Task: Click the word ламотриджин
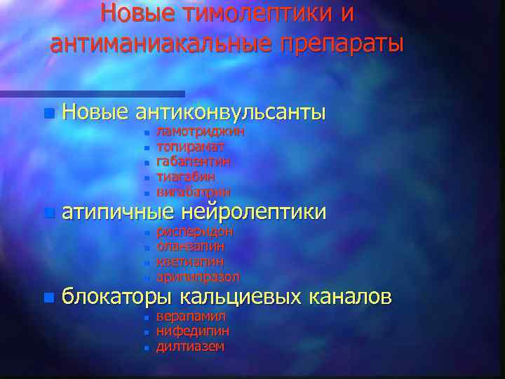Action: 200,131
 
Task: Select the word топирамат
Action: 190,147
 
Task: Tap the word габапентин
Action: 193,161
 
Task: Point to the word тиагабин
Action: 185,177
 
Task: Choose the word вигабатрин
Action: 193,192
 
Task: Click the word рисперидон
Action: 194,231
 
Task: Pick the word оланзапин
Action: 191,246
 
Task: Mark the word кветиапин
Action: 189,261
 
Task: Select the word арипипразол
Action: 198,277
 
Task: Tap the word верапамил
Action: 191,316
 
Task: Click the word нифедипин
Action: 192,331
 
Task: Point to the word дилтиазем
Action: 190,346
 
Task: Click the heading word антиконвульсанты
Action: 231,112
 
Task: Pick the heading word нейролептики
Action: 253,211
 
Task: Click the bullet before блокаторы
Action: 47,298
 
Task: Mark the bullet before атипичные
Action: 47,212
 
